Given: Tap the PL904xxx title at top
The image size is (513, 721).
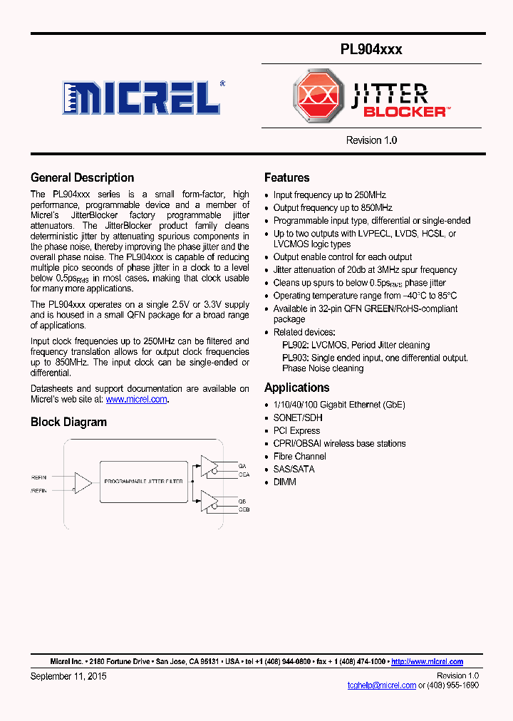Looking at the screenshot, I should (370, 49).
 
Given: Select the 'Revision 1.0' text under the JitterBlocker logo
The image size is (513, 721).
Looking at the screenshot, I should (371, 140).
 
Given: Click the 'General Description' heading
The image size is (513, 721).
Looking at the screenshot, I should (82, 178).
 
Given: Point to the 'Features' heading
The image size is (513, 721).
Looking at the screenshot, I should (286, 178).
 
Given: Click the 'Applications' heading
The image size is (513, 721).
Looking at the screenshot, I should (296, 388).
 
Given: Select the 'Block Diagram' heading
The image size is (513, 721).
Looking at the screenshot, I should (68, 422).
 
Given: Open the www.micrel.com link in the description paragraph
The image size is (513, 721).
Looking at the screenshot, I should (136, 400).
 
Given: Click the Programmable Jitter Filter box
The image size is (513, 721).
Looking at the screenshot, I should (143, 482).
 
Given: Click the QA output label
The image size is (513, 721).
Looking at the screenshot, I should (242, 466).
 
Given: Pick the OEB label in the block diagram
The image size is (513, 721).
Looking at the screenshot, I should (244, 509).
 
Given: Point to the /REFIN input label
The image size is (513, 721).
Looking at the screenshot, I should (39, 490).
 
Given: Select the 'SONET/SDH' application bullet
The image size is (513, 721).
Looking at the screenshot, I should (297, 417).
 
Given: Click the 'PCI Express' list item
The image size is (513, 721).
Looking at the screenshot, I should (296, 430).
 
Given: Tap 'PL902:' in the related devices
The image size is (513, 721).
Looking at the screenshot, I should (295, 345).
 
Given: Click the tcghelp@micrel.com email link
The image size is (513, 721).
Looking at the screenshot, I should (381, 685).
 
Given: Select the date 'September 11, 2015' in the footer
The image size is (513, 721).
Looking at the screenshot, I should (68, 675).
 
